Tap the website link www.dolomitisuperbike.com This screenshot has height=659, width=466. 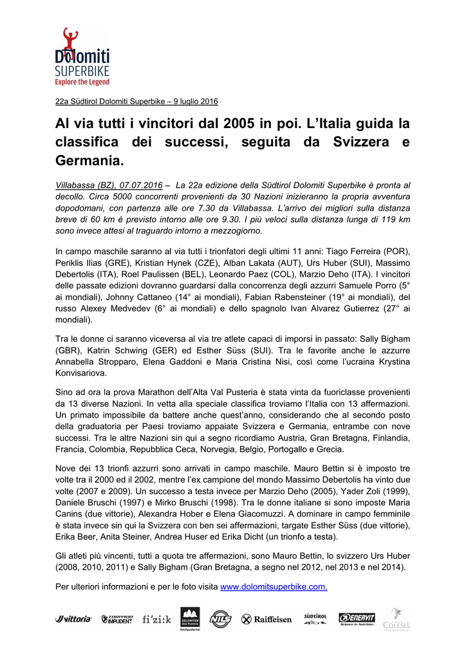274,587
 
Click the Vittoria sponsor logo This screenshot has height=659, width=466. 73,619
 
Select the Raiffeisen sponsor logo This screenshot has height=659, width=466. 266,619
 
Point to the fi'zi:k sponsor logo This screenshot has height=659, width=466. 156,619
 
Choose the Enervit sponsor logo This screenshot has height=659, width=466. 357,618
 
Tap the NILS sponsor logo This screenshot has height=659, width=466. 220,618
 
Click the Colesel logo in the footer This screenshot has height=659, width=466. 396,618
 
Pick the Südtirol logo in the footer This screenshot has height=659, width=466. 315,618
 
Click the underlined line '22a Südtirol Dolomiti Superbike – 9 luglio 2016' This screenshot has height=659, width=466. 136,101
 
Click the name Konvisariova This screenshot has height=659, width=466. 82,373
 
